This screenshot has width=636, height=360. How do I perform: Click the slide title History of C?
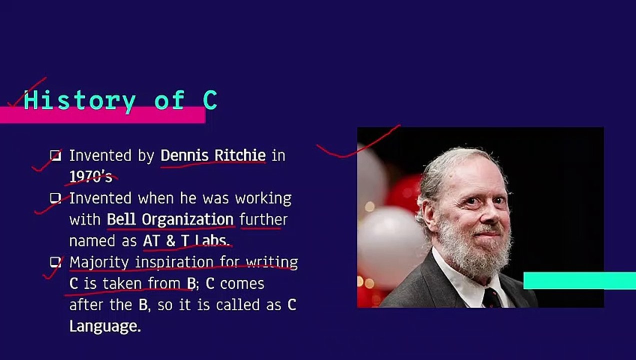[x=120, y=100]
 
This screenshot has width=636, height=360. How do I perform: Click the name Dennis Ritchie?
[x=212, y=155]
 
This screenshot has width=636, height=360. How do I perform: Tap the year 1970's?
[x=90, y=176]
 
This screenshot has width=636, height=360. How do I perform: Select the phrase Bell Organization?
[x=170, y=219]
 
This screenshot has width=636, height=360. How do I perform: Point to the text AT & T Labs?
[x=185, y=240]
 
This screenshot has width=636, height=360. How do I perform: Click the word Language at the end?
[x=105, y=326]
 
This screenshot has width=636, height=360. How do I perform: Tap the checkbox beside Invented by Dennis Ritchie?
[x=55, y=155]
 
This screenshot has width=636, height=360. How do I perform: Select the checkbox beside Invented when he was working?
[x=55, y=198]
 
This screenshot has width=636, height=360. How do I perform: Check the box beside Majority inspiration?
[x=55, y=262]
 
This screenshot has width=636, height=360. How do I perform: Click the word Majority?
[x=99, y=262]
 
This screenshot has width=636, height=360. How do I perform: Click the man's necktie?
[x=491, y=298]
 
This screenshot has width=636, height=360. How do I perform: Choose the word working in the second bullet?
[x=263, y=198]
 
